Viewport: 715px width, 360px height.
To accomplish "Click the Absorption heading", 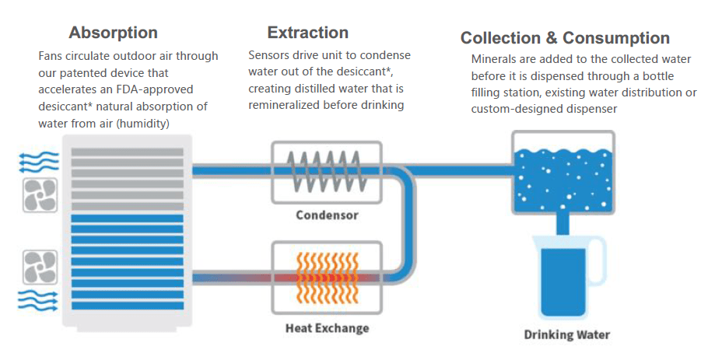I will pos(113,33).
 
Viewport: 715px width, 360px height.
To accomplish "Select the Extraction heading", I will pos(307,33).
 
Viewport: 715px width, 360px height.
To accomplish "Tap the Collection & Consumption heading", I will pos(565,38).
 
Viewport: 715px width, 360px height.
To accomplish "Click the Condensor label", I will pos(327,215).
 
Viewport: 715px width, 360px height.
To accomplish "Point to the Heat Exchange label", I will pos(327,327).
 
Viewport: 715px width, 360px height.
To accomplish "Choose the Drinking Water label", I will pos(566,335).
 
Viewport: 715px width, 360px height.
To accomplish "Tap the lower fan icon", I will pos(37,265).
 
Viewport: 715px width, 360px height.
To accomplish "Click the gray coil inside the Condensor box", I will pos(326,170).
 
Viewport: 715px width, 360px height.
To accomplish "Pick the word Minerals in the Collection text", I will pos(495,59).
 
